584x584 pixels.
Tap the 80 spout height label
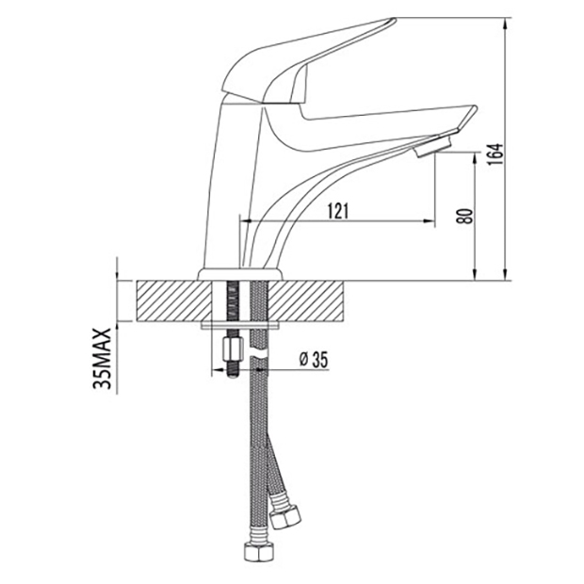pyautogui.click(x=465, y=216)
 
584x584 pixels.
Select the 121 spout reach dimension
pyautogui.click(x=338, y=211)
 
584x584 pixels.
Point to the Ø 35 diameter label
pyautogui.click(x=314, y=360)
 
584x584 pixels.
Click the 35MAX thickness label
pyautogui.click(x=102, y=358)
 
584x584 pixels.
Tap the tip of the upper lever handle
pyautogui.click(x=394, y=20)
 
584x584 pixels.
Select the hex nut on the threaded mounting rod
pyautogui.click(x=233, y=349)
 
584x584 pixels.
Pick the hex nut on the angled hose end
pyautogui.click(x=286, y=517)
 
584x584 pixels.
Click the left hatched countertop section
pyautogui.click(x=174, y=300)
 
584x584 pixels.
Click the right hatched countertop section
pyautogui.click(x=305, y=300)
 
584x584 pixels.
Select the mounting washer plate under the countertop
pyautogui.click(x=240, y=326)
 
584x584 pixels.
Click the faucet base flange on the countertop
pyautogui.click(x=240, y=274)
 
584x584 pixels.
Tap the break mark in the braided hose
pyautogui.click(x=259, y=353)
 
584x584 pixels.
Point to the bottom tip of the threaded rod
pyautogui.click(x=233, y=376)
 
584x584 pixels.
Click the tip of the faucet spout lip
pyautogui.click(x=476, y=108)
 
